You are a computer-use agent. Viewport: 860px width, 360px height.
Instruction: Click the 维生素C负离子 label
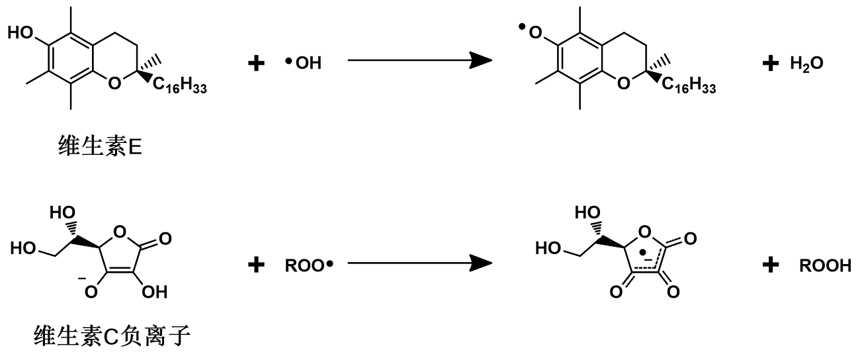[112, 338]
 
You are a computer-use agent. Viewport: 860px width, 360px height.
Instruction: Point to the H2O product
[806, 63]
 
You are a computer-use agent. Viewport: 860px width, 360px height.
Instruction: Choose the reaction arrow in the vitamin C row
[419, 263]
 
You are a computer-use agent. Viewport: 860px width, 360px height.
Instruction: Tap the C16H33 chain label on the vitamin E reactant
[180, 85]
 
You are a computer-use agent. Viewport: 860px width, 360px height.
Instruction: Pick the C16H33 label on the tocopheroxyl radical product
[689, 85]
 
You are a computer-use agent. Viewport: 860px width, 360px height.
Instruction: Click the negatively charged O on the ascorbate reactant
[90, 291]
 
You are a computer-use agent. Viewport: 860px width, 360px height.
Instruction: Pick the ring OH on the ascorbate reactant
[157, 291]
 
